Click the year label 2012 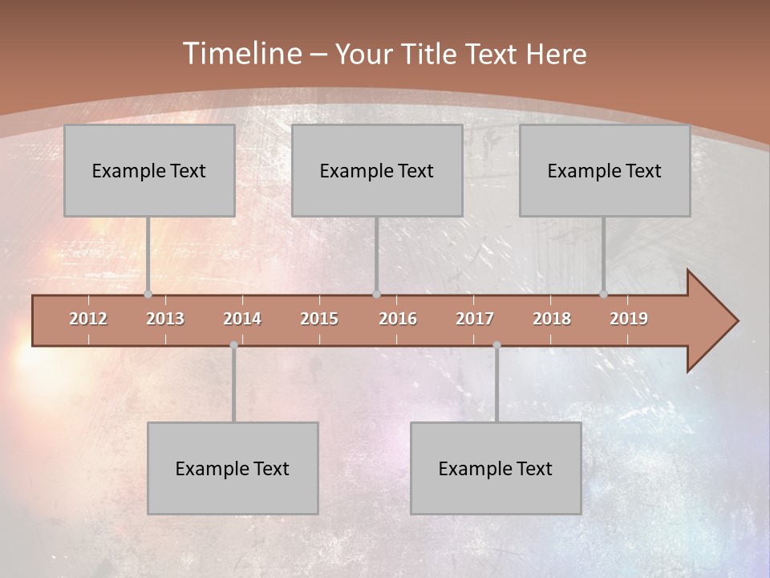(88, 319)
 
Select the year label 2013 (165, 319)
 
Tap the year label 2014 (242, 319)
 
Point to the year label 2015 (319, 319)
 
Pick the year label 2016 (398, 319)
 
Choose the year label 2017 (475, 319)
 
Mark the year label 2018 (552, 319)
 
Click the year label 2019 (629, 319)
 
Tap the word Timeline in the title (241, 54)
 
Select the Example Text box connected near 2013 (149, 170)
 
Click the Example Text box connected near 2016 (377, 170)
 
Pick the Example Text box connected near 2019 (605, 170)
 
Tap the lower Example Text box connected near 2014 (233, 468)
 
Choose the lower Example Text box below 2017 (496, 468)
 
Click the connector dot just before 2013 (148, 295)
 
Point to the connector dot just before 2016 (376, 295)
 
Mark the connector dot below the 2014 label (233, 345)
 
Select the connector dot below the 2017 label (496, 345)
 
